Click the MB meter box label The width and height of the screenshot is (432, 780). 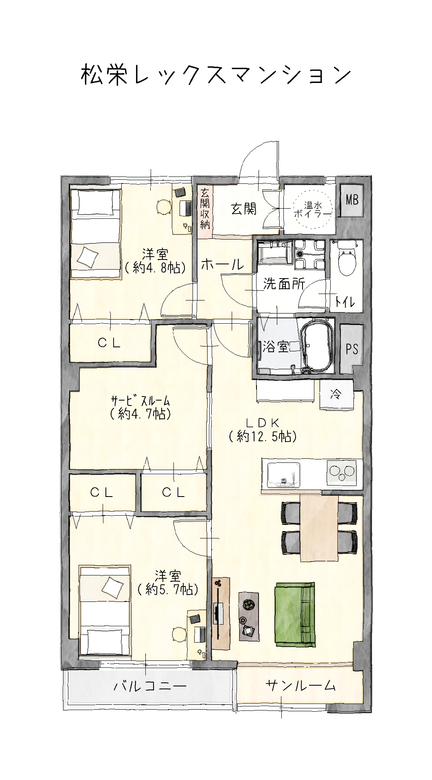click(352, 200)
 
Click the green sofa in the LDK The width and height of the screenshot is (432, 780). click(295, 614)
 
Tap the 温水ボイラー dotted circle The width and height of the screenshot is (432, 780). click(313, 210)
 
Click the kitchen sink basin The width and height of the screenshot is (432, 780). click(284, 474)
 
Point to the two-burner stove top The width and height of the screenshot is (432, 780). click(341, 472)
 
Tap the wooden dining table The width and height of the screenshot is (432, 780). click(319, 529)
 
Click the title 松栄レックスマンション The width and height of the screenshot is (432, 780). click(216, 75)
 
